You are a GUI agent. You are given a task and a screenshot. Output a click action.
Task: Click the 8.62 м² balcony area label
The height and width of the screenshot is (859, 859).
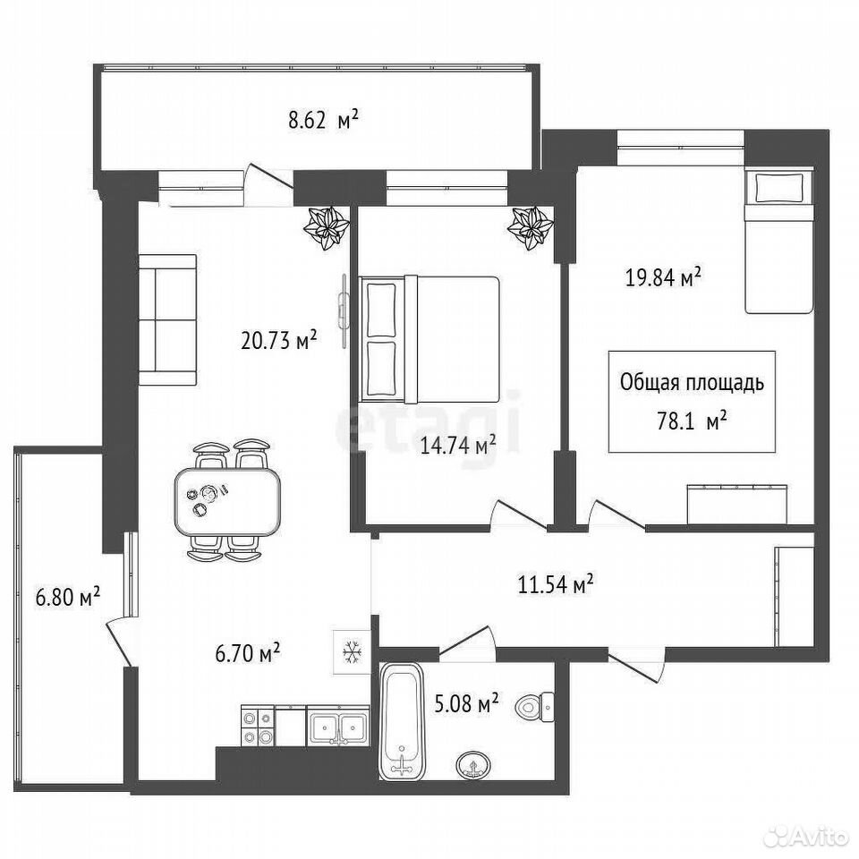[323, 119]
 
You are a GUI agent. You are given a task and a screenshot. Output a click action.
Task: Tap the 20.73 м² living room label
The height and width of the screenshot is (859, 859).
[279, 340]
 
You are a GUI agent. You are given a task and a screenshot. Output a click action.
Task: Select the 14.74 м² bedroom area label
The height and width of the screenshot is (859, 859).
[458, 446]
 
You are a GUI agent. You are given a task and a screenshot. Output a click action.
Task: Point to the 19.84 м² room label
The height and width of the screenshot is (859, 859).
[663, 277]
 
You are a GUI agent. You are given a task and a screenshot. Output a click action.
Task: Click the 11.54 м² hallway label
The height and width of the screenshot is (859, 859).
[556, 584]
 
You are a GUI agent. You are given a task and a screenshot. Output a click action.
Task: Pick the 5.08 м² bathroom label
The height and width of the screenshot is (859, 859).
[466, 703]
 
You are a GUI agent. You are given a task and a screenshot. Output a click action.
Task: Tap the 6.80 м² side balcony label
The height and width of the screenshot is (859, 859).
[67, 597]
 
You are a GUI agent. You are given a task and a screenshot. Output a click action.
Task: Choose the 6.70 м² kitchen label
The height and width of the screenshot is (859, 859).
[248, 653]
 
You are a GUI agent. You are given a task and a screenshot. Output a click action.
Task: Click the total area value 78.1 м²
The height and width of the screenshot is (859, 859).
[692, 421]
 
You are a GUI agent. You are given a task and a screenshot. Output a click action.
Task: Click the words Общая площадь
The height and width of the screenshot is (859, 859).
[692, 382]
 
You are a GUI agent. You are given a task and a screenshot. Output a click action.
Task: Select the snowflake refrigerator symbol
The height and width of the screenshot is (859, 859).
[351, 652]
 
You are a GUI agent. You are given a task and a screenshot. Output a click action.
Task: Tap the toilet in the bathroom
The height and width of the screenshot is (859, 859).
[535, 707]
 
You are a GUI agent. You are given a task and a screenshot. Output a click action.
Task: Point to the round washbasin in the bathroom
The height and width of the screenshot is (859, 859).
[473, 763]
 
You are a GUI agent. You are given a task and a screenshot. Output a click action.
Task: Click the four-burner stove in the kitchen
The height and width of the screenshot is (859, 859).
[258, 726]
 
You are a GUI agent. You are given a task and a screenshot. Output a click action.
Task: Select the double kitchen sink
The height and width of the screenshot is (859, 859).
[338, 726]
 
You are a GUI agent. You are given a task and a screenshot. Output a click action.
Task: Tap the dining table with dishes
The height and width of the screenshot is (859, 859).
[227, 501]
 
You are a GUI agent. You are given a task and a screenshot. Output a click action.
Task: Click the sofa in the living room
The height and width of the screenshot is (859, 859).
[167, 320]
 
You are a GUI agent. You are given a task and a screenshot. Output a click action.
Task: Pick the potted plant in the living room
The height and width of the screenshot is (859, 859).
[327, 227]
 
